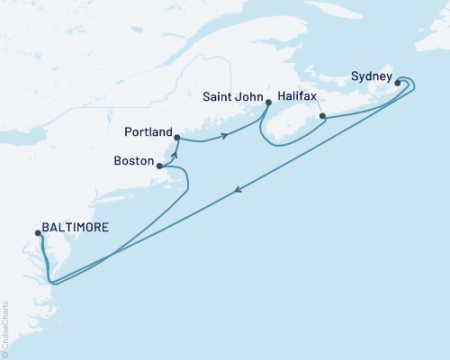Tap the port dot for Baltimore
point(39,232)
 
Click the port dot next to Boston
point(159,166)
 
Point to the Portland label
point(146,132)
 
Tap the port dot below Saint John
point(269,103)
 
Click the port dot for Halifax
point(323,116)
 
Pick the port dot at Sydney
point(397,84)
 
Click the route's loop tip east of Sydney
point(418,84)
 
